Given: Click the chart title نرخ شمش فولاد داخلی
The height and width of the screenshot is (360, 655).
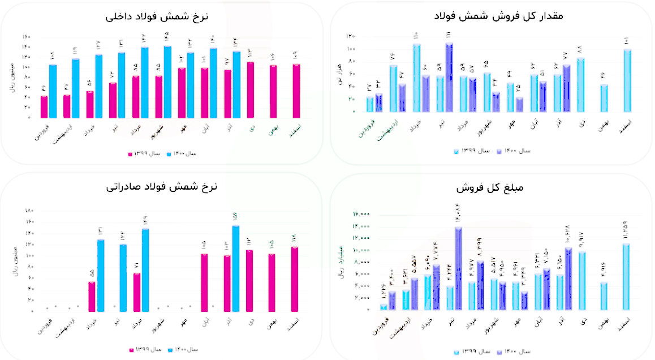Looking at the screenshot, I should click(x=157, y=16).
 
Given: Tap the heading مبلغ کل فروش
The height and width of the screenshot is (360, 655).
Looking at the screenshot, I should click(x=488, y=187).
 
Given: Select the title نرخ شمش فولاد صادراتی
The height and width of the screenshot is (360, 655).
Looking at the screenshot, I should click(x=162, y=187).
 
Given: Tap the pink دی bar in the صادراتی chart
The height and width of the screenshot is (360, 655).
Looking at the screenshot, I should click(x=249, y=280).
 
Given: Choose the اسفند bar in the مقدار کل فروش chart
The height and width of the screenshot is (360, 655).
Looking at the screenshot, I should click(x=627, y=80).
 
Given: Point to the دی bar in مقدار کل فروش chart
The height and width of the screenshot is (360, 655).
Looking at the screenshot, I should click(x=581, y=85).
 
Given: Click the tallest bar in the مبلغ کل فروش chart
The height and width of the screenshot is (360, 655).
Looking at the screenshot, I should click(x=458, y=268).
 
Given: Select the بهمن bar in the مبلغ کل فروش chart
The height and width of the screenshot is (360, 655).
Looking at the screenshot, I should click(x=604, y=295).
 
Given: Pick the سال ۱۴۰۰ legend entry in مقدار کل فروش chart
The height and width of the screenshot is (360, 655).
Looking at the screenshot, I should click(x=512, y=151).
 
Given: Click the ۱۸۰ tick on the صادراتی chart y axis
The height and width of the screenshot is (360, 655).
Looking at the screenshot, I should click(x=29, y=211).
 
